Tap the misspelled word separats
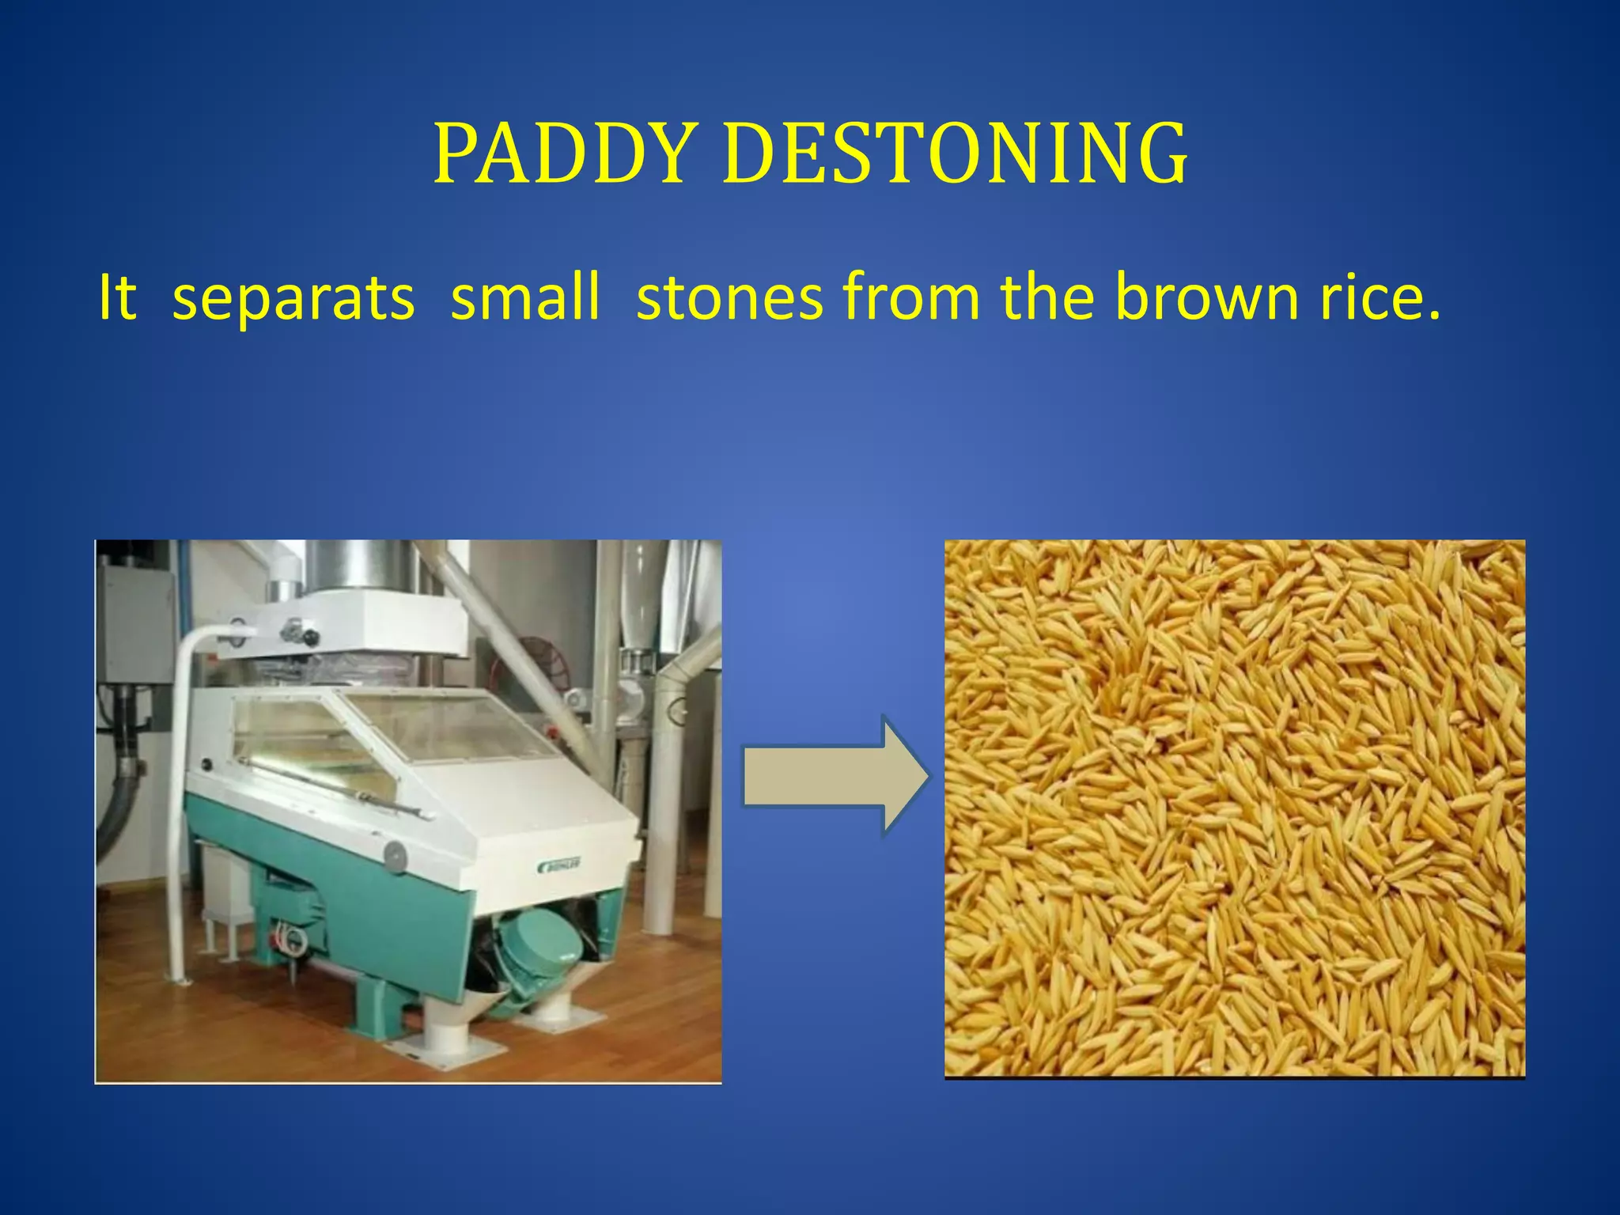click(x=293, y=298)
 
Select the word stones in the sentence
click(x=729, y=298)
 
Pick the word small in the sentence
click(x=524, y=298)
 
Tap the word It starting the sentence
click(x=117, y=298)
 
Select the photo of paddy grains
click(x=1234, y=808)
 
